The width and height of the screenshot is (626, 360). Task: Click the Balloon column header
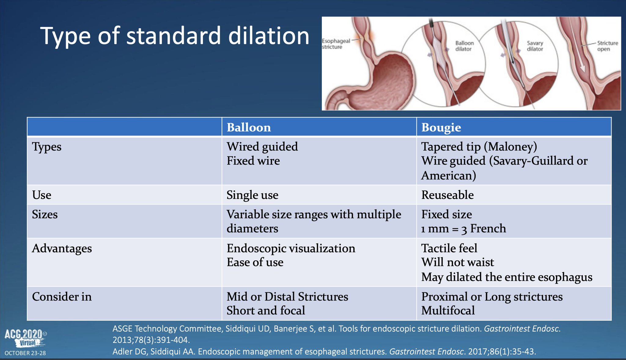[x=249, y=127]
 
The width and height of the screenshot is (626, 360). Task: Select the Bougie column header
[x=441, y=127]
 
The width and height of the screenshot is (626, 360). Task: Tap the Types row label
[x=47, y=147]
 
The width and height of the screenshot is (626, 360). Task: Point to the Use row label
[x=42, y=195]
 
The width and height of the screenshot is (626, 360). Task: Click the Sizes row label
[x=45, y=214]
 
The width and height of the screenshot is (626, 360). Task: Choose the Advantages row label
[x=62, y=248]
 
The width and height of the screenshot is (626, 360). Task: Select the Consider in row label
[x=62, y=296]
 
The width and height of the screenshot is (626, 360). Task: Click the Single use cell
[x=252, y=195]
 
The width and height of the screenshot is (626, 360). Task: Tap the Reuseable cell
[x=447, y=195]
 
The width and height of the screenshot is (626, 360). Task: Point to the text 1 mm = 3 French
[x=463, y=229]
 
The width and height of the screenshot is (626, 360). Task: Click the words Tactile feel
[x=449, y=248]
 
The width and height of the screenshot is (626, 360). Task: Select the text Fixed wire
[x=253, y=161]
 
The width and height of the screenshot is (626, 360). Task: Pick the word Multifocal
[x=448, y=310]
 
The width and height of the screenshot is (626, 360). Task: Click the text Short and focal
[x=266, y=310]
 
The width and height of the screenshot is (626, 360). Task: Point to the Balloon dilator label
[x=464, y=46]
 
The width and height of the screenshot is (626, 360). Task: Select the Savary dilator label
[x=535, y=46]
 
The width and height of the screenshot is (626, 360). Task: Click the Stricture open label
[x=607, y=46]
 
